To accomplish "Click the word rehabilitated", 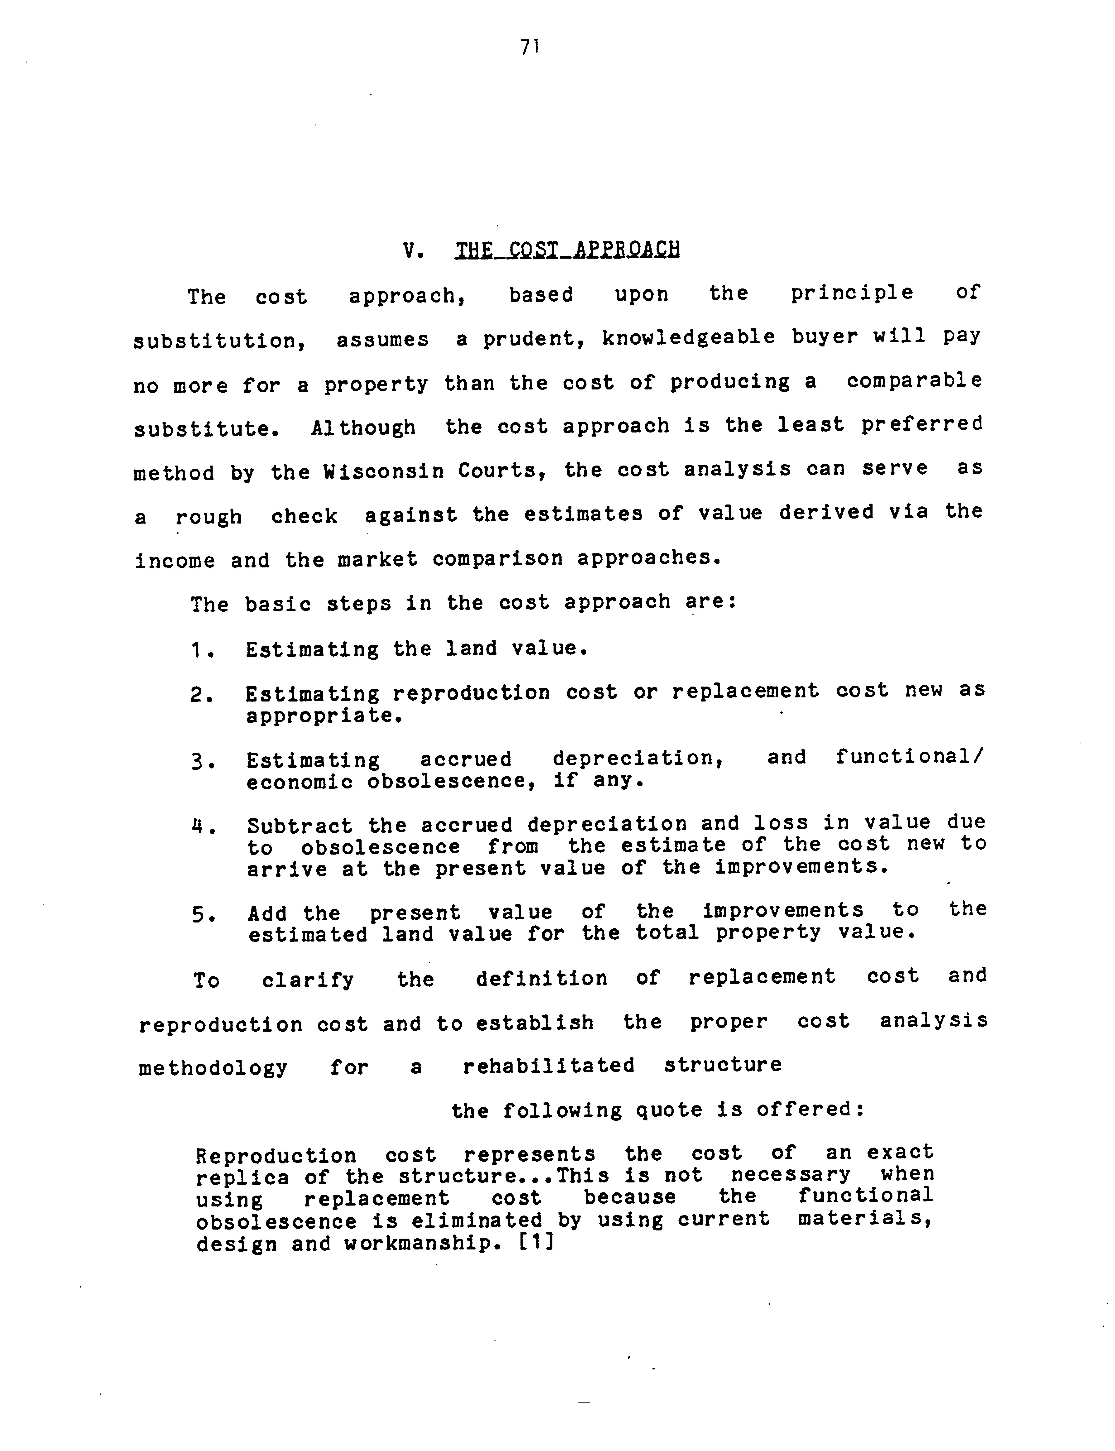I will (x=548, y=1066).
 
